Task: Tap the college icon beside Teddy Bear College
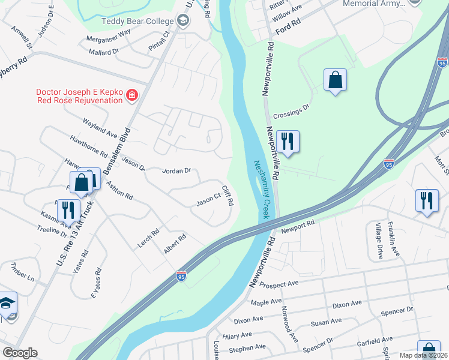pyautogui.click(x=183, y=22)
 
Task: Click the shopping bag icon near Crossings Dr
pyautogui.click(x=335, y=80)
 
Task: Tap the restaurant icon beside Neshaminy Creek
pyautogui.click(x=288, y=142)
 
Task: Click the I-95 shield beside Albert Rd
pyautogui.click(x=181, y=275)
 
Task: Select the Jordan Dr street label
pyautogui.click(x=176, y=171)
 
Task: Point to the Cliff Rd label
pyautogui.click(x=227, y=196)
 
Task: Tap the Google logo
pyautogui.click(x=20, y=353)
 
